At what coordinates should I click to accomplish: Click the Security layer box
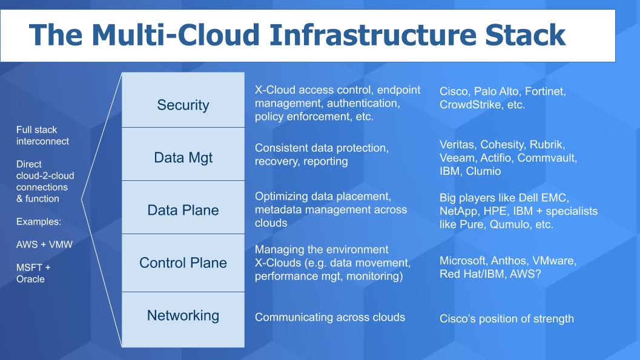tap(183, 100)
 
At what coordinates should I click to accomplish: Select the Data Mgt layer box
tap(183, 154)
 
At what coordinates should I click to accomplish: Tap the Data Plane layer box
tap(183, 208)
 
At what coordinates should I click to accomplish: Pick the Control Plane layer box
tap(183, 263)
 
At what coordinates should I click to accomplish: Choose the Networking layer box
tap(183, 319)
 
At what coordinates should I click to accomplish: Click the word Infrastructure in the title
tap(372, 34)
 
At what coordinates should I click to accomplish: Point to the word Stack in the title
tap(525, 34)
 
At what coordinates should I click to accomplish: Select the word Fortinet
tap(545, 92)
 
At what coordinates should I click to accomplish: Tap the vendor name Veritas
tap(457, 145)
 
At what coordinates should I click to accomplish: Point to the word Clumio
tap(483, 171)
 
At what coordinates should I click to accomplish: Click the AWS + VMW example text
tap(44, 244)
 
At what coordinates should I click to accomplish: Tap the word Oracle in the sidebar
tap(31, 280)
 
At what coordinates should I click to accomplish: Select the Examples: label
tap(39, 222)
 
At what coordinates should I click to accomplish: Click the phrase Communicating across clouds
tap(330, 318)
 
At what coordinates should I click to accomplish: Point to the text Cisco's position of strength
tap(507, 319)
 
